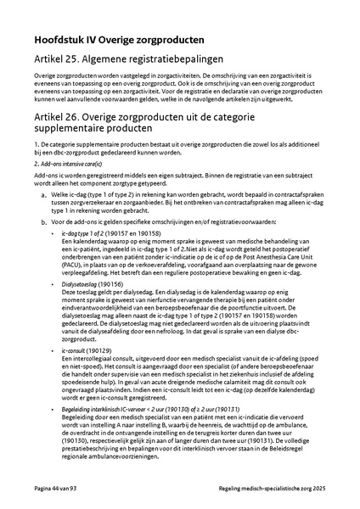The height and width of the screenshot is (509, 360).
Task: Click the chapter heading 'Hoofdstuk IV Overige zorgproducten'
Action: (118, 40)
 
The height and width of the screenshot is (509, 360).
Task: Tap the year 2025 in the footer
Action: (316, 489)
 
